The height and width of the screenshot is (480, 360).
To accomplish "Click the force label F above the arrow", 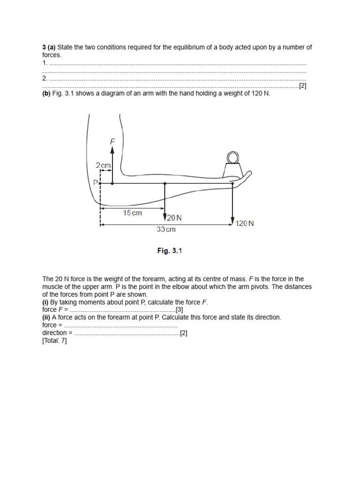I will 112,141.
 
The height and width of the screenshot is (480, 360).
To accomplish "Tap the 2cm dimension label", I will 103,165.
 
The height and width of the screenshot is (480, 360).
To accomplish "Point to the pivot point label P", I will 95,183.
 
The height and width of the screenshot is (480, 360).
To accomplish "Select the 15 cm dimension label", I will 132,213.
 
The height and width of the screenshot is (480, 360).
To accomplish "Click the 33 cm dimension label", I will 166,229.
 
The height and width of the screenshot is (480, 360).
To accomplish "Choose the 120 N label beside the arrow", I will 245,224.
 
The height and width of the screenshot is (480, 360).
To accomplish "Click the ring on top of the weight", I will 232,157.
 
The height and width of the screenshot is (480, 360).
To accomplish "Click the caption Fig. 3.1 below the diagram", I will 169,251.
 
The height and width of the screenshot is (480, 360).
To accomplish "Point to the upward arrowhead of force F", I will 112,149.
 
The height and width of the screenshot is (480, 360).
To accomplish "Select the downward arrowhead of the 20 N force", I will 165,217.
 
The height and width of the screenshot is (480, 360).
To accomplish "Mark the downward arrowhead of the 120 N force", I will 232,222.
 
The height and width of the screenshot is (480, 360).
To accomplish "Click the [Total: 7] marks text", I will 54,341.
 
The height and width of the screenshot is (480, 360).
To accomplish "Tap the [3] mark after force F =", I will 179,310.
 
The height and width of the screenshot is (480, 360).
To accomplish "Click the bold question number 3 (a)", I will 49,47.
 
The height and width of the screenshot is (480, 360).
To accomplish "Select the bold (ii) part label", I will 46,317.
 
